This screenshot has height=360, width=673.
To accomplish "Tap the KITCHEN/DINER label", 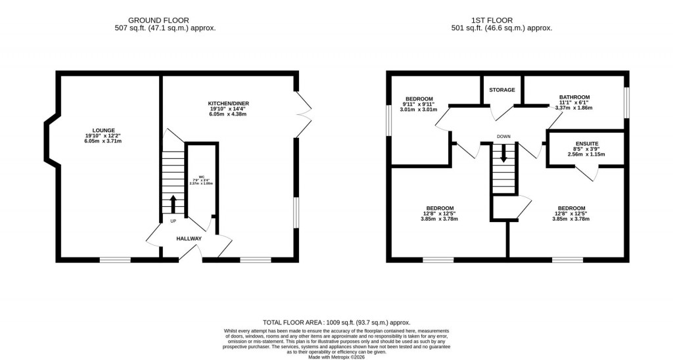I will coord(228,103).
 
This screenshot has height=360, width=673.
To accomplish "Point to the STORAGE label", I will coord(502,90).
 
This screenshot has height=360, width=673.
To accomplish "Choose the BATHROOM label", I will coord(574,97).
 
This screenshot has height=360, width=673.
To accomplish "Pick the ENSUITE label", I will coord(586,143).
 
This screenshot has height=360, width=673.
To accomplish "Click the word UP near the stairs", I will coord(174,221).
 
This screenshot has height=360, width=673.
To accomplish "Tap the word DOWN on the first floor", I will coord(504,137).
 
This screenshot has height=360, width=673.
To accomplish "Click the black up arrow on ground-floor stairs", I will coord(174,204).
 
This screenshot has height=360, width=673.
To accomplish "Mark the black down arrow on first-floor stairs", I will coord(504,154).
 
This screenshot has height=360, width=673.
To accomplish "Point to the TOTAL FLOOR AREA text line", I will coord(336,323).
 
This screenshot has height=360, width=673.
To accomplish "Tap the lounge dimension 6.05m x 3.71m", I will coord(103,141).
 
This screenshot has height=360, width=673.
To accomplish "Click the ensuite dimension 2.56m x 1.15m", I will coord(586,154).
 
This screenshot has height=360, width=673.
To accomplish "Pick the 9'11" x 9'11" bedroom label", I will coord(417,104).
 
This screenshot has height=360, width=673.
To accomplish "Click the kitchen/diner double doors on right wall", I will coord(303,114).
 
